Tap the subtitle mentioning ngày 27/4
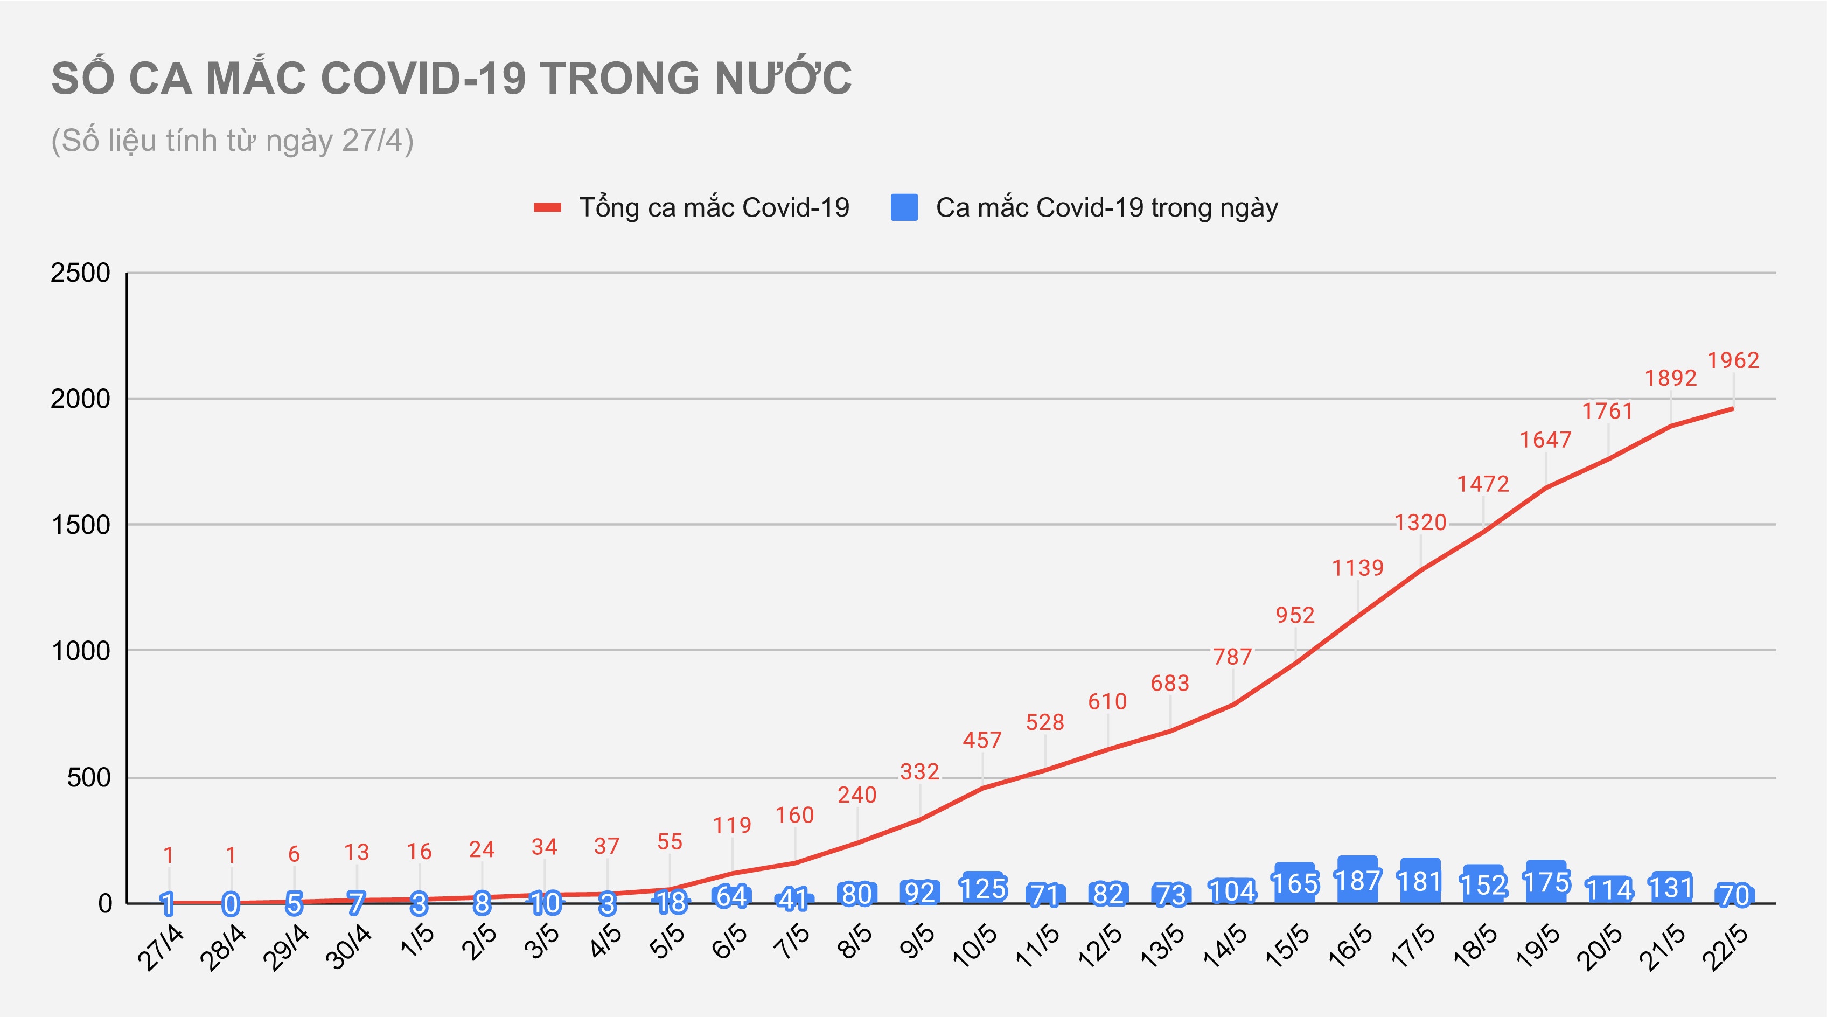(x=232, y=141)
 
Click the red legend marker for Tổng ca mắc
(x=548, y=208)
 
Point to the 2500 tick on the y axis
(x=80, y=273)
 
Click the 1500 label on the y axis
(x=80, y=525)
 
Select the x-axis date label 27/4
(x=161, y=948)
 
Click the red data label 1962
(x=1733, y=360)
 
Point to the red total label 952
(x=1295, y=615)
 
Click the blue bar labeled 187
(x=1357, y=881)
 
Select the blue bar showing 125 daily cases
(x=982, y=888)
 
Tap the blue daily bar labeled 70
(x=1734, y=895)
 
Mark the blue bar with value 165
(x=1295, y=883)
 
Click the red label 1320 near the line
(x=1420, y=523)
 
